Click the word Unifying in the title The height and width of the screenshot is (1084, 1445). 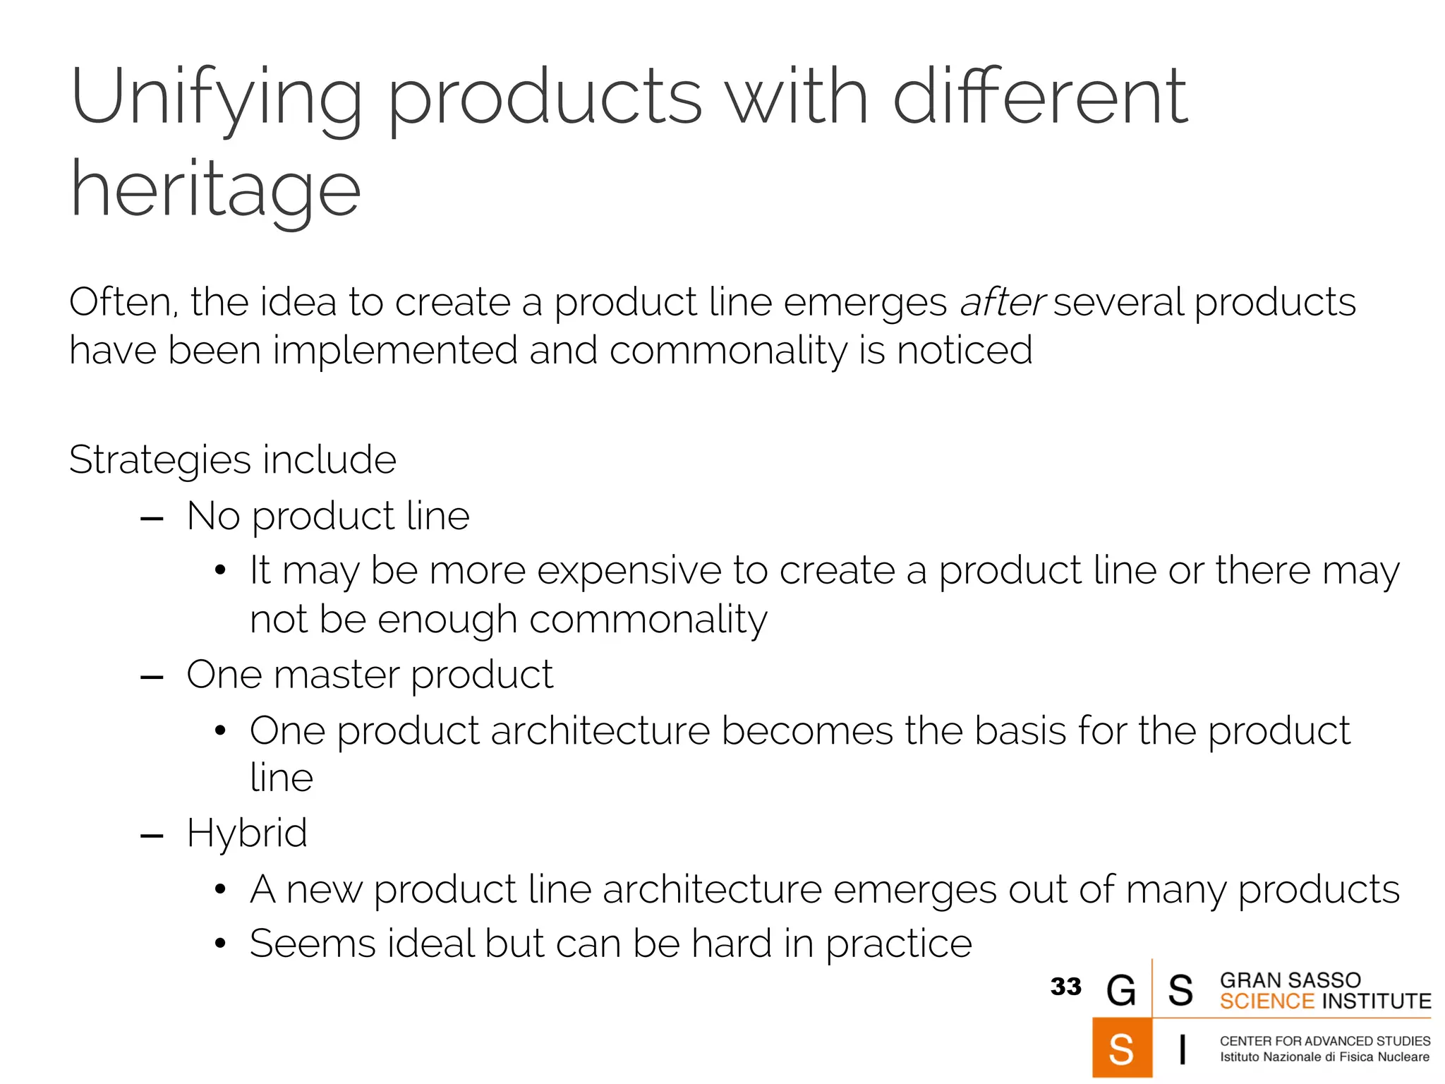[216, 99]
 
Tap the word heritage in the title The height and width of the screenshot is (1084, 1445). [215, 191]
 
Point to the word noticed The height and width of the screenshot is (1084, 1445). [965, 350]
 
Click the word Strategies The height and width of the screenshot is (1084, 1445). [159, 460]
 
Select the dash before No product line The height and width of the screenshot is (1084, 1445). [152, 520]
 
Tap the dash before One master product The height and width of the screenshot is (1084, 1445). [152, 678]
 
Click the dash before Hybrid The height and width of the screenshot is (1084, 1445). [152, 837]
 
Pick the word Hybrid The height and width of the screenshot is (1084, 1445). [247, 834]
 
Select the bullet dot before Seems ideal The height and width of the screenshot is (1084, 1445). [220, 944]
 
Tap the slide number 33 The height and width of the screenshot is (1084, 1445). [1065, 987]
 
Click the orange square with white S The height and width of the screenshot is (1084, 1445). [1121, 1049]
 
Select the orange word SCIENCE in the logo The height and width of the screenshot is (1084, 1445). [1266, 1001]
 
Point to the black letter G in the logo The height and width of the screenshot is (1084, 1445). [1121, 990]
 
